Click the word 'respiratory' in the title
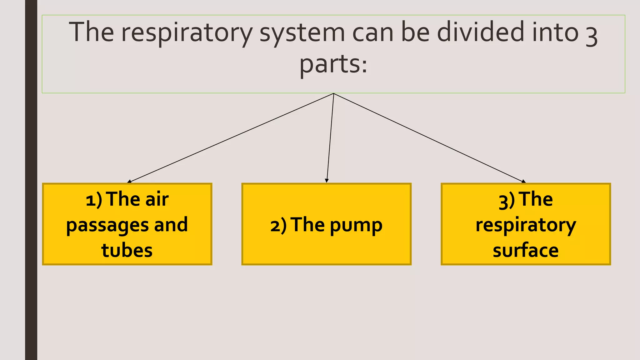tap(187, 32)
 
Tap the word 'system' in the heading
tap(302, 32)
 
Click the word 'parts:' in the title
tap(333, 64)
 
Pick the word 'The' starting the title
tap(92, 32)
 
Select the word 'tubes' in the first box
tap(127, 250)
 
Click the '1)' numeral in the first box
tap(94, 200)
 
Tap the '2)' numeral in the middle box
tap(278, 226)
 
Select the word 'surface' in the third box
tap(526, 250)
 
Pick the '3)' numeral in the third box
tap(507, 201)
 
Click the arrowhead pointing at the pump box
tap(327, 181)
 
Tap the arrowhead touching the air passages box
tap(129, 181)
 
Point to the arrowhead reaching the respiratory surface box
tap(524, 181)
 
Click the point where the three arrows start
tap(334, 93)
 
